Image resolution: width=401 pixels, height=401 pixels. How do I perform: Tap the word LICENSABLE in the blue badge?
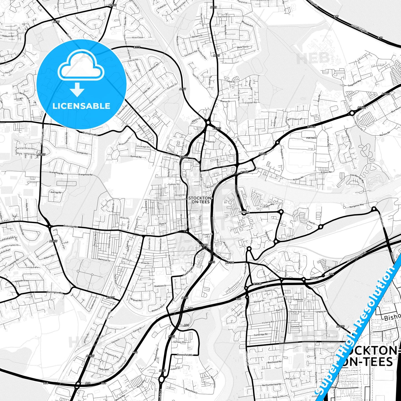click(x=81, y=106)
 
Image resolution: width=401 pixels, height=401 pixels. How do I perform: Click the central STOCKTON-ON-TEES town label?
click(x=201, y=200)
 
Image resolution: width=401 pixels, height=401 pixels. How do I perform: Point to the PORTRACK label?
click(x=311, y=138)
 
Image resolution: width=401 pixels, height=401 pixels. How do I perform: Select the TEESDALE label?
click(x=244, y=212)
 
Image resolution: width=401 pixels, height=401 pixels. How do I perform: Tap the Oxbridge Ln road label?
click(x=71, y=227)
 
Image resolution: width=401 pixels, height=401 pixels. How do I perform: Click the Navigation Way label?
click(x=357, y=206)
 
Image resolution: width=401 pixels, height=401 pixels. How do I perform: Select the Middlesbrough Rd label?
click(x=357, y=257)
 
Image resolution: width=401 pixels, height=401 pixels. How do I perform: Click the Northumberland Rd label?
click(x=272, y=385)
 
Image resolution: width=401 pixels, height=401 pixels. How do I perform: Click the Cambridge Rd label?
click(x=261, y=335)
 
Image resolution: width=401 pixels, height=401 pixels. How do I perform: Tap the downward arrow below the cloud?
click(x=77, y=89)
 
